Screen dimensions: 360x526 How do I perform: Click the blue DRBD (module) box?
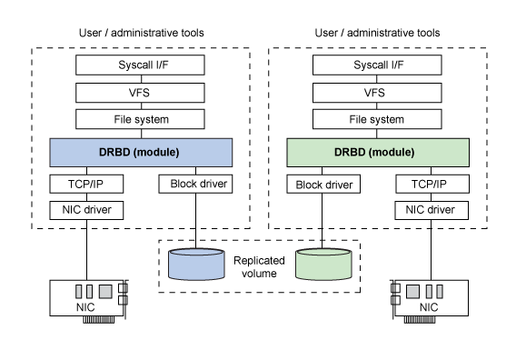(x=141, y=150)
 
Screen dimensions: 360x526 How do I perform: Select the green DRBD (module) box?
(x=378, y=150)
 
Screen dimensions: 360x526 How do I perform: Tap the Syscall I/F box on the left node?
(x=141, y=65)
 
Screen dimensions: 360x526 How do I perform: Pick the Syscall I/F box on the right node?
(x=378, y=65)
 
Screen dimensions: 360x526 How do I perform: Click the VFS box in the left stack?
(x=141, y=92)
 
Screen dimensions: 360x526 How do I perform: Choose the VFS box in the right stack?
(x=378, y=92)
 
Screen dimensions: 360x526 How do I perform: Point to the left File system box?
(x=141, y=118)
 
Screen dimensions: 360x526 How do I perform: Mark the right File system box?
(x=378, y=118)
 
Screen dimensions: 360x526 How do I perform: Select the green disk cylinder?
(x=323, y=264)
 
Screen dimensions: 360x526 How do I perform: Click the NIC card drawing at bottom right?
(x=432, y=298)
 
